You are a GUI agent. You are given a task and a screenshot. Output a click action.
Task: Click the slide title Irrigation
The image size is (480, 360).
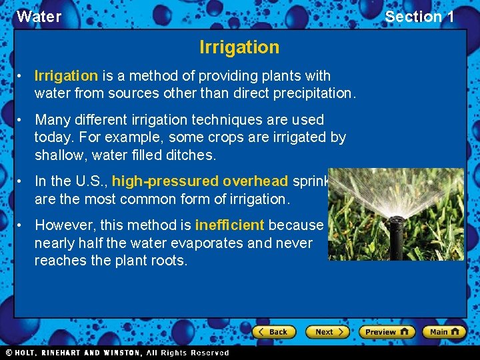pos(239,47)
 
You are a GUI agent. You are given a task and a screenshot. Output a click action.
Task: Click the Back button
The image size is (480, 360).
pos(272,331)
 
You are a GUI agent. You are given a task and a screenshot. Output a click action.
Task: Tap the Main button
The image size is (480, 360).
pos(445,331)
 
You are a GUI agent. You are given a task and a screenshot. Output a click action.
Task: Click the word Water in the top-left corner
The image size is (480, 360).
pos(39,17)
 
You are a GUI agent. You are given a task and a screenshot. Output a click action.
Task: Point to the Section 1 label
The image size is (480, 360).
pos(419,17)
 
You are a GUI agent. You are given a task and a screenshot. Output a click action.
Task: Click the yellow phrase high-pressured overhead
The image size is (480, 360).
pos(200,181)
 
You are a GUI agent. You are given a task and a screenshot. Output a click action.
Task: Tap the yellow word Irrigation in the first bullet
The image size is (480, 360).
pos(66,76)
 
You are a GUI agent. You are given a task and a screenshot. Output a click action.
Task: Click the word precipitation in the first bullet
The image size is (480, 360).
pos(315,93)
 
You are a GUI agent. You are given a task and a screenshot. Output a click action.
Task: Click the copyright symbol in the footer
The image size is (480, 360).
pos(9,353)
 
